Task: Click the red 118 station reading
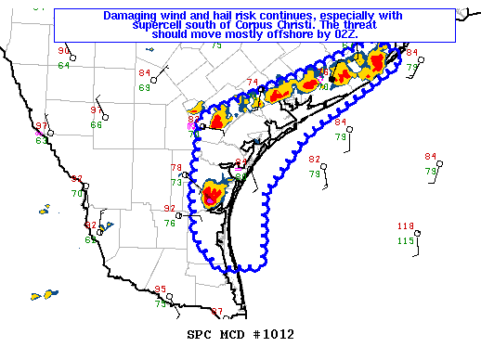click(x=405, y=226)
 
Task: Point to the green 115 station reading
click(x=405, y=241)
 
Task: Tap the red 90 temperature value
click(x=63, y=51)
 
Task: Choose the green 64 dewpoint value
click(x=63, y=65)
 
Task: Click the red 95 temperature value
click(x=160, y=289)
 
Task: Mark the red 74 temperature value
click(x=252, y=83)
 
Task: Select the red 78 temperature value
click(x=176, y=168)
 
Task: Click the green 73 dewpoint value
click(x=176, y=182)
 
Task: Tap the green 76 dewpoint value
click(x=170, y=223)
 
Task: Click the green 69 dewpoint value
click(x=145, y=87)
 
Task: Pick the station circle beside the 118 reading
click(x=418, y=233)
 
